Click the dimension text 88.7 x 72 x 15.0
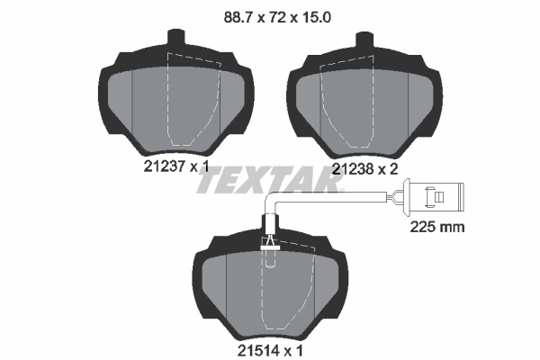269,14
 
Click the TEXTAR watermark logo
269,180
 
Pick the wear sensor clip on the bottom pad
269,242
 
